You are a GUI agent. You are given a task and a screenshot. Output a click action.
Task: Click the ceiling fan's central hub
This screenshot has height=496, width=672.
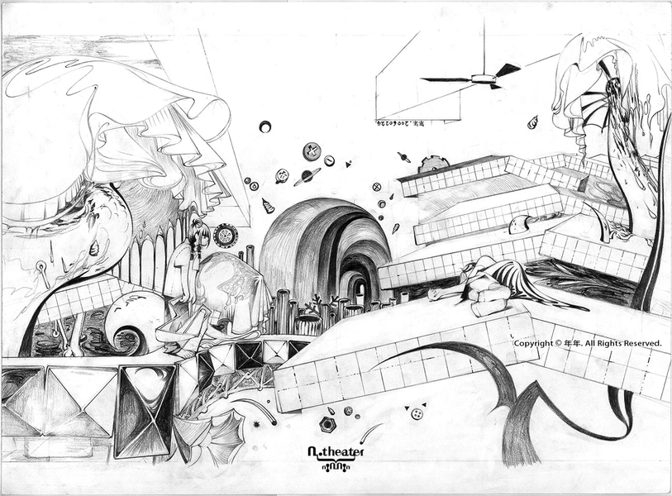[482, 79]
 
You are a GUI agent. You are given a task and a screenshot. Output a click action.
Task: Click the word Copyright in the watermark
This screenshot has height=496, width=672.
[532, 342]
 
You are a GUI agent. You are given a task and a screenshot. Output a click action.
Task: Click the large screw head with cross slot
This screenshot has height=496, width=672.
[312, 150]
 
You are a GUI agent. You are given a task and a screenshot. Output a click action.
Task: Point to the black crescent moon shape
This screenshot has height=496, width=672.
[265, 126]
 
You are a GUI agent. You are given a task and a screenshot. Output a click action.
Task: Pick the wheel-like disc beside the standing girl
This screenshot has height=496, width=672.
[223, 236]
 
